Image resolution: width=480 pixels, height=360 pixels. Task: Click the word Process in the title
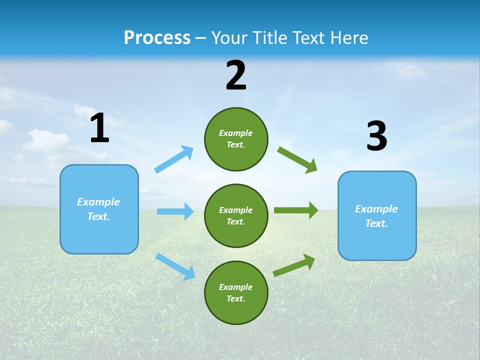point(157,38)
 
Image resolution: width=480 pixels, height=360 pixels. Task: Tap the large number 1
point(99,128)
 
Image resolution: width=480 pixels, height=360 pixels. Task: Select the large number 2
point(236,75)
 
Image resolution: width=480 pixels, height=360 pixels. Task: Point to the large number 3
point(376,136)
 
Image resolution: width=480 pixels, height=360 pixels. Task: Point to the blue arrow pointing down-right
point(175,266)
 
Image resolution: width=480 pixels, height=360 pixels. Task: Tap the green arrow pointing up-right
point(294,265)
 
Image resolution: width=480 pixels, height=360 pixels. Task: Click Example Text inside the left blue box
point(98,209)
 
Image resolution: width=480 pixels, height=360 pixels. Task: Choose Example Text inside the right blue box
point(376,216)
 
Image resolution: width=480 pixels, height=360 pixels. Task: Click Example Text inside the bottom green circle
point(235,292)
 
